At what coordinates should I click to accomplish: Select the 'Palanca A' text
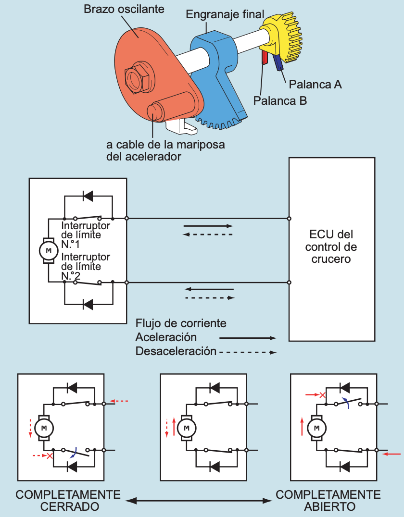point(315,85)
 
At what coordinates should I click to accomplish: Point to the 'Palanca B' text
point(280,100)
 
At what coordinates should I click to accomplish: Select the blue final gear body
point(219,72)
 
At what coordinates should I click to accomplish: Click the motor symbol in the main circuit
point(47,250)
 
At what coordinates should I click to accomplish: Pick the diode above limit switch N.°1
point(88,196)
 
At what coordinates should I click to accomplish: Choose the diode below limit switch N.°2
point(88,304)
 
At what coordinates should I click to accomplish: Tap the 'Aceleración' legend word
point(166,337)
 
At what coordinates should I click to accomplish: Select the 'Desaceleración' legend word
point(176,351)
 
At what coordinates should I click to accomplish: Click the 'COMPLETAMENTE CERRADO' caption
point(68,501)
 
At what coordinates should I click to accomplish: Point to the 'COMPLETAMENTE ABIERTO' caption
point(328,501)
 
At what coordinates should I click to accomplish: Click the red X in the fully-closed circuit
point(49,455)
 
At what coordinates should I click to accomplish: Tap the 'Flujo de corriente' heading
point(181,323)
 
